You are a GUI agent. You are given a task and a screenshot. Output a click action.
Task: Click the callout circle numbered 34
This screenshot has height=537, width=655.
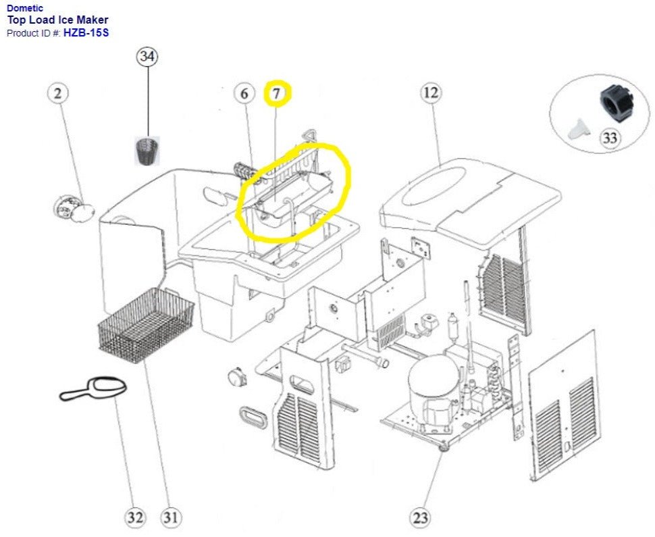pyautogui.click(x=147, y=57)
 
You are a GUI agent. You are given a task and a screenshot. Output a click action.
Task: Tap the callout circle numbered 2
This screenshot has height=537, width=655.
pyautogui.click(x=58, y=94)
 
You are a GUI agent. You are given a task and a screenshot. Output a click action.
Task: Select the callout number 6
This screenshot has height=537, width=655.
pyautogui.click(x=244, y=94)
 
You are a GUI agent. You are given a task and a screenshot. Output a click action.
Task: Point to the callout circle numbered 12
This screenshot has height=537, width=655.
pyautogui.click(x=430, y=93)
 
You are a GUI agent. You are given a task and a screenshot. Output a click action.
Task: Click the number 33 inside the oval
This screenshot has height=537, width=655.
pyautogui.click(x=609, y=138)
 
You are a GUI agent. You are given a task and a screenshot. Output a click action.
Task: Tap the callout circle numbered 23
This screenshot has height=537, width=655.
pyautogui.click(x=420, y=519)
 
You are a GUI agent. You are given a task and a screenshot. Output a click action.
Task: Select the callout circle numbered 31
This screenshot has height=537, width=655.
pyautogui.click(x=171, y=518)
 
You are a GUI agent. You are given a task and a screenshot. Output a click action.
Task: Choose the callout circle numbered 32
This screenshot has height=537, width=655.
pyautogui.click(x=135, y=518)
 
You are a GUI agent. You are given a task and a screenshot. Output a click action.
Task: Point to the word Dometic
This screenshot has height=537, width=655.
pyautogui.click(x=25, y=8)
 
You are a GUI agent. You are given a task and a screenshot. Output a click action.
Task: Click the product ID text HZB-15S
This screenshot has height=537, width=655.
pyautogui.click(x=86, y=32)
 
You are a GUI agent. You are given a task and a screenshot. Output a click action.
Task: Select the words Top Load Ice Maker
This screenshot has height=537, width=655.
pyautogui.click(x=57, y=20)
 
